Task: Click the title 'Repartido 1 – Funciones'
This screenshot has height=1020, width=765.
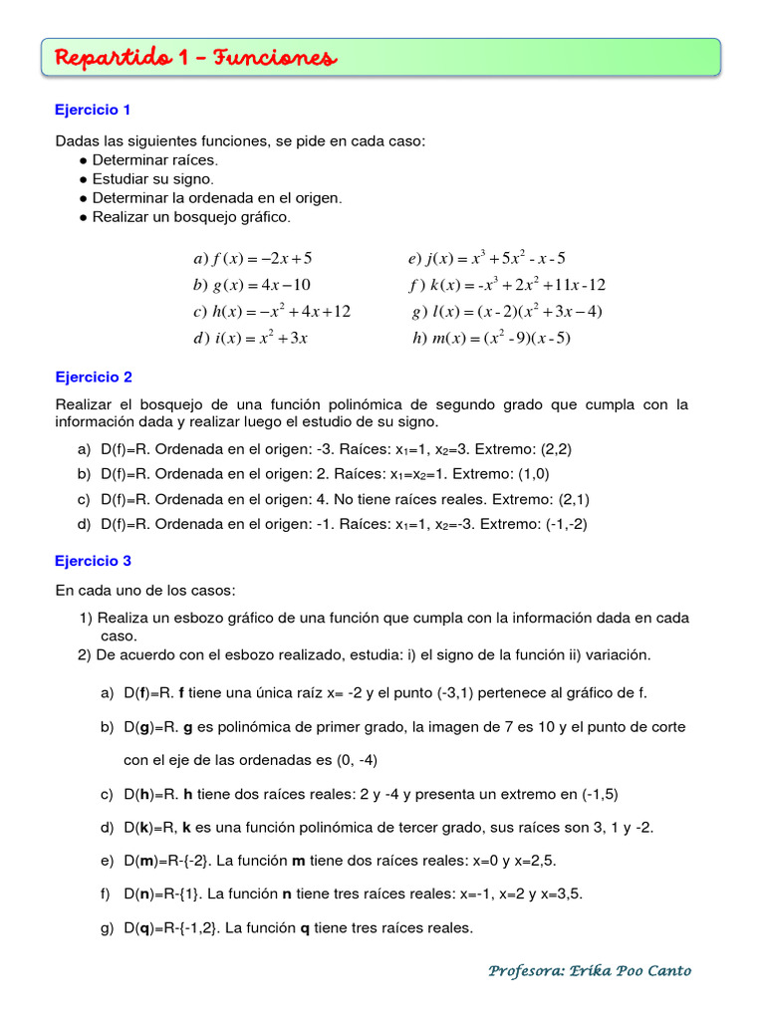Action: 195,59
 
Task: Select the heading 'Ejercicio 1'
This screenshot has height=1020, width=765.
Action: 93,110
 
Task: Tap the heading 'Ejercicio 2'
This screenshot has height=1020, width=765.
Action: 93,378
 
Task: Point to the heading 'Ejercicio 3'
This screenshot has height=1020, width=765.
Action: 93,561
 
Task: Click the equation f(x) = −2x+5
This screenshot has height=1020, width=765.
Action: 253,259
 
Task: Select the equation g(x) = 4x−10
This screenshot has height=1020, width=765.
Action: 253,285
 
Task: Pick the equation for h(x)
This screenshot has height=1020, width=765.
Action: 272,312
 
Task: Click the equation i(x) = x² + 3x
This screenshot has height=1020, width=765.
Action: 250,338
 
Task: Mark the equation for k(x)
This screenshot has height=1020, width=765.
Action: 507,285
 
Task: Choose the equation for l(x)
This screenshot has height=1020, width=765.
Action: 507,312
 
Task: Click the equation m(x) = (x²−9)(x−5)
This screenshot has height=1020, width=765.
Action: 491,338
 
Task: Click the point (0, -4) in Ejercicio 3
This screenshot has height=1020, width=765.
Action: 352,760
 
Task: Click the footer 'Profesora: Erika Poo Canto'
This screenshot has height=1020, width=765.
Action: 590,970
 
